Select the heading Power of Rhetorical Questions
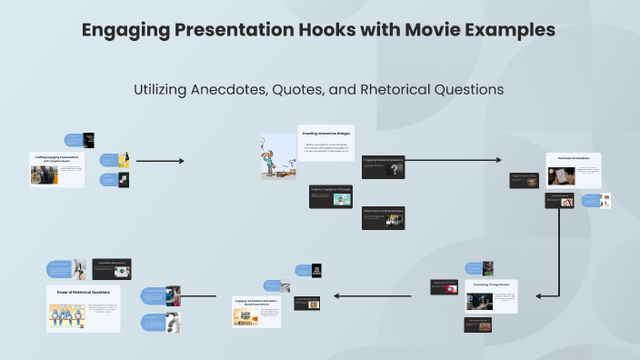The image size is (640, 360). [x=83, y=292]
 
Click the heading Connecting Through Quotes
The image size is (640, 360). [x=491, y=285]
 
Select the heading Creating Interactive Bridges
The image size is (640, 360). [x=325, y=133]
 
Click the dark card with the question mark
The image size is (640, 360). [x=383, y=168]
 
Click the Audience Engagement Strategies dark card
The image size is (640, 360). [x=331, y=196]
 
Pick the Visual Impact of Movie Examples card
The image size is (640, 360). [x=383, y=217]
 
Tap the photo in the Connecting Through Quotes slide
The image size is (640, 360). [x=479, y=302]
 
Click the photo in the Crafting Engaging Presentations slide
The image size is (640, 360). [x=44, y=175]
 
